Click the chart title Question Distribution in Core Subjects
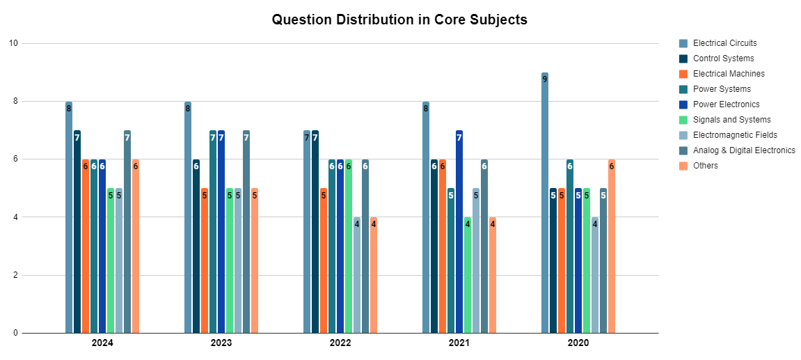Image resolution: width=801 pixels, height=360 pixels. pos(399,19)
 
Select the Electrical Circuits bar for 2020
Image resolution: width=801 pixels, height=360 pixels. pos(545,203)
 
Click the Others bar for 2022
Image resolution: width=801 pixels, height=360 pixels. pos(374,275)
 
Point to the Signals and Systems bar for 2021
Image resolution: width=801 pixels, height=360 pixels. pos(468,275)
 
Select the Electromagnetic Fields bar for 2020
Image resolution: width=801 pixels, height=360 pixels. pos(595,275)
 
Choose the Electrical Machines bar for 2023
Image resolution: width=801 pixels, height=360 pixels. pos(205,260)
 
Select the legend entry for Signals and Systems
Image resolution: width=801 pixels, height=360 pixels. pos(731,120)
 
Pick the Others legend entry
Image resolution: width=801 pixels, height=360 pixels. pos(705,166)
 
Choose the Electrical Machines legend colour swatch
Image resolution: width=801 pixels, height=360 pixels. pos(683,74)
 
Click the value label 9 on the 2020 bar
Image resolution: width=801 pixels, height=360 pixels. pos(545,79)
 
